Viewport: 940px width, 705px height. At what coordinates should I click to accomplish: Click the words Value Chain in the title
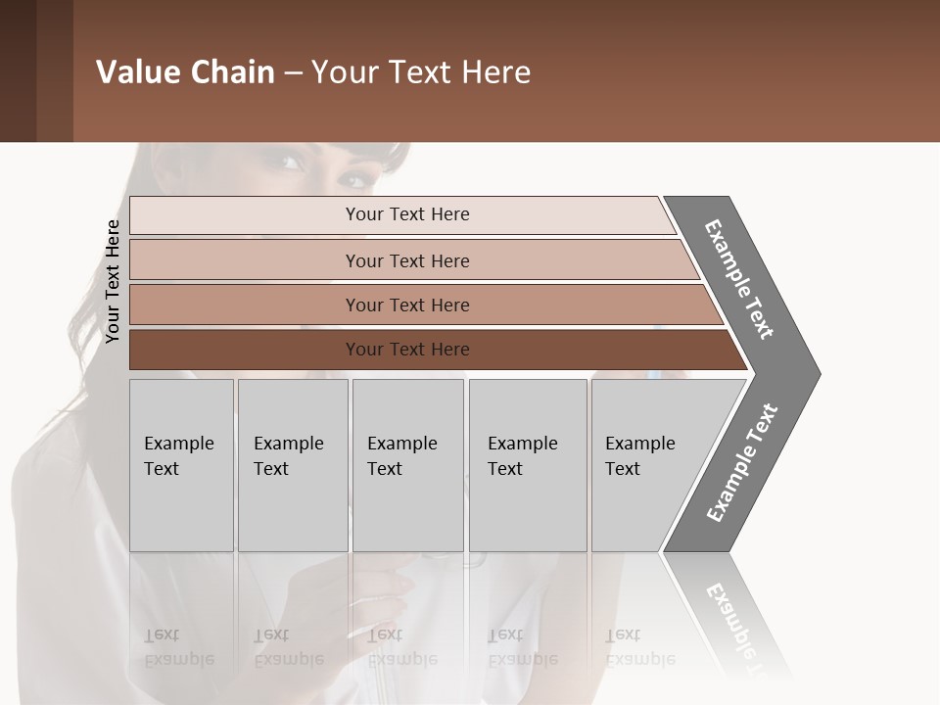185,72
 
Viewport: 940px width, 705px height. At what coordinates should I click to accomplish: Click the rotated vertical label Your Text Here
113,281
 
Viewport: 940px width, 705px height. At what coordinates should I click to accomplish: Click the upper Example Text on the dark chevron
739,279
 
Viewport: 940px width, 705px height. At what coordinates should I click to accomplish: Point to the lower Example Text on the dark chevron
742,462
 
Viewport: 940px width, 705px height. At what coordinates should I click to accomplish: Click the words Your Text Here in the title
421,72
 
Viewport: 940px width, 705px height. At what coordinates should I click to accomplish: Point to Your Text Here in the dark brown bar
407,350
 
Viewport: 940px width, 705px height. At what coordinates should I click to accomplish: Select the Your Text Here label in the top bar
407,214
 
